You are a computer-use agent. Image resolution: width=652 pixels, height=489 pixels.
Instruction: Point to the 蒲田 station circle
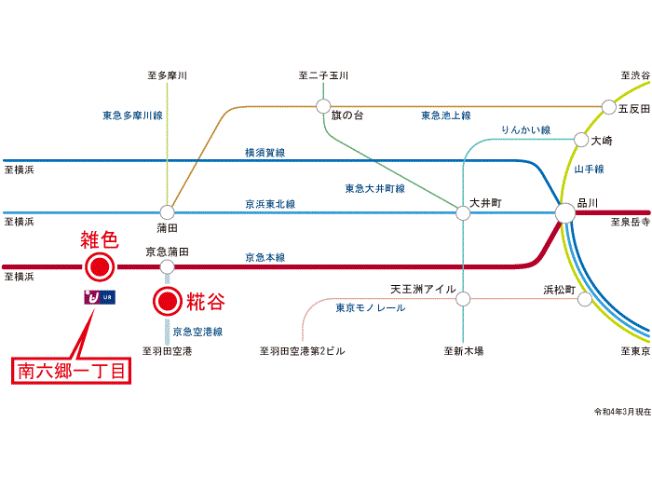tap(167, 211)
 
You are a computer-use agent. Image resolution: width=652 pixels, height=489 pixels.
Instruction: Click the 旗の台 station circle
tap(323, 105)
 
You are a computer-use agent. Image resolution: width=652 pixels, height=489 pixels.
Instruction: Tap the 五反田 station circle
tap(609, 107)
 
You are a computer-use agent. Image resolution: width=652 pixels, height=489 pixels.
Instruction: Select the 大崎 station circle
tap(584, 141)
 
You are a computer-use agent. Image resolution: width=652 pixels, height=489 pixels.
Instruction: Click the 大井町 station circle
tap(463, 212)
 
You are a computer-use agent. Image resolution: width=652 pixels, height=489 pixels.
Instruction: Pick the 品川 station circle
tap(565, 213)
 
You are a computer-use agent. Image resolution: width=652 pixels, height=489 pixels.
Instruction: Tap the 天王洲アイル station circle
tap(463, 299)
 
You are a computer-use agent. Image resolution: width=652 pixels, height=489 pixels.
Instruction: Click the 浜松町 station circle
tap(584, 299)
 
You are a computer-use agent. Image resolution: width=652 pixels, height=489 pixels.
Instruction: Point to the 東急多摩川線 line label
tap(132, 116)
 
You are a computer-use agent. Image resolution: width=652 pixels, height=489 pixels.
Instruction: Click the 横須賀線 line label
tap(265, 152)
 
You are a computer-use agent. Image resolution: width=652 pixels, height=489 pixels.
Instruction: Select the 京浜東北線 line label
tap(270, 204)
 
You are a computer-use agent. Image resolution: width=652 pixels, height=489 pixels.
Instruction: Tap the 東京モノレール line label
tap(370, 307)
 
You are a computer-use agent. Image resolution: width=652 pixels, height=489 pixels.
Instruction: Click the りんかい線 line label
tap(525, 130)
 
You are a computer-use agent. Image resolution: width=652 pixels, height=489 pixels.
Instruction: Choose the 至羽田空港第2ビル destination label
tap(303, 351)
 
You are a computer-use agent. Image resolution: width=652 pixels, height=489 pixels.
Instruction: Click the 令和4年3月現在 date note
tap(622, 411)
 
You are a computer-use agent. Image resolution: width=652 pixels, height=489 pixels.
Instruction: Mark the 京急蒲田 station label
tap(168, 251)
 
